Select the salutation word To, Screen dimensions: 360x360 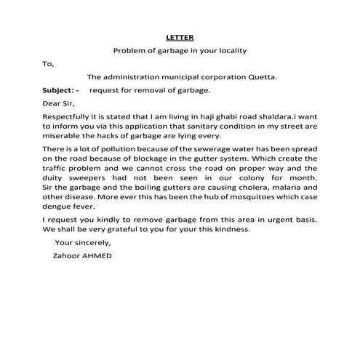(49, 63)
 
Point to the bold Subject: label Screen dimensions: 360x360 (61, 90)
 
